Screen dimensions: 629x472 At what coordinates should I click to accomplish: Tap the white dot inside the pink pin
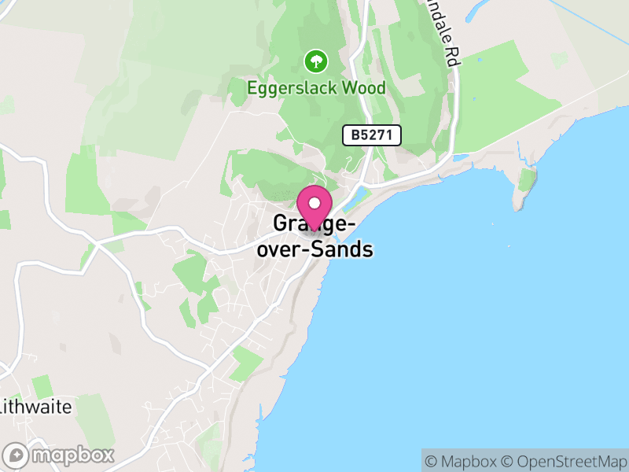coord(314,202)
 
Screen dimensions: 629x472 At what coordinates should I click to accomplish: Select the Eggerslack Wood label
coord(316,87)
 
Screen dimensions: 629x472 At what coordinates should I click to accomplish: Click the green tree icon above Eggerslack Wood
coord(315,60)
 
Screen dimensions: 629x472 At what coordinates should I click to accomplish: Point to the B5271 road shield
coord(372,135)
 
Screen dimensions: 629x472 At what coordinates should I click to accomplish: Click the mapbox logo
coord(59,455)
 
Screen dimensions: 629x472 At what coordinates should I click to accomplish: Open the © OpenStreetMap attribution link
coord(562,461)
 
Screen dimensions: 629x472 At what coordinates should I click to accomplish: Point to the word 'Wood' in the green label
coord(363,87)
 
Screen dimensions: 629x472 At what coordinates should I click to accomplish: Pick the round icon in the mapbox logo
coord(16,455)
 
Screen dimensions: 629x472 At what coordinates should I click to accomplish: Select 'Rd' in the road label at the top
coord(451,56)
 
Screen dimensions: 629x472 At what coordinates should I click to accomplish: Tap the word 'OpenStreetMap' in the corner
coord(568,461)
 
